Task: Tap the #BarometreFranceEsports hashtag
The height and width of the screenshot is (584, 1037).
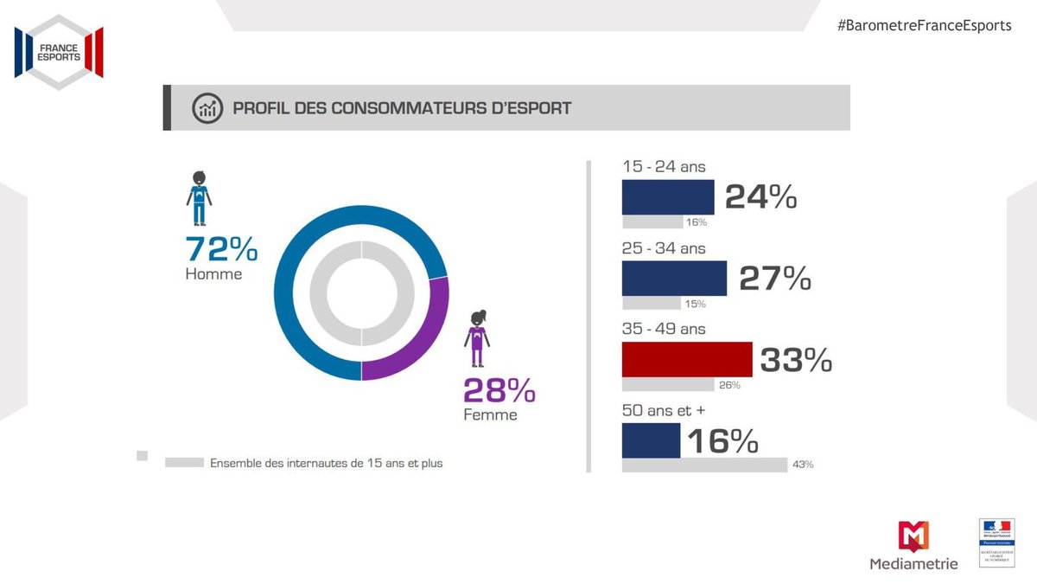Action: (x=924, y=25)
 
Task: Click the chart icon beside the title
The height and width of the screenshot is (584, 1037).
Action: (x=207, y=108)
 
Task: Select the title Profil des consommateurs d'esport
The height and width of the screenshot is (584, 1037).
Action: (x=401, y=108)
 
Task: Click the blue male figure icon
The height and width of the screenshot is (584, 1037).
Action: (x=199, y=199)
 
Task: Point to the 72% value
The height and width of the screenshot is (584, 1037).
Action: (x=222, y=250)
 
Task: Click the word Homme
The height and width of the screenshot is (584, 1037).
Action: (x=213, y=274)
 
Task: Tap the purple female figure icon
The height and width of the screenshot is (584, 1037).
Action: (x=477, y=339)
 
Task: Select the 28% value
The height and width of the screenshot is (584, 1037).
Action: (x=499, y=391)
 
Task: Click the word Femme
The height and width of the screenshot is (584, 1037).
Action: (x=491, y=415)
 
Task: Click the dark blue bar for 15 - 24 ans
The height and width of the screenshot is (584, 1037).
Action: (x=668, y=197)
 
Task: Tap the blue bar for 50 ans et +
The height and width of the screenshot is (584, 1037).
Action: (x=651, y=440)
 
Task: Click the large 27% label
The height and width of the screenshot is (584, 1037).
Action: (x=774, y=279)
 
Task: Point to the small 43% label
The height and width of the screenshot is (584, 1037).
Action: (x=801, y=465)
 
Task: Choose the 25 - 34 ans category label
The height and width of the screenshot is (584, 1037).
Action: (x=664, y=248)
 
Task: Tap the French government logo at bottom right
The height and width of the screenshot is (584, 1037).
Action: (x=996, y=543)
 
